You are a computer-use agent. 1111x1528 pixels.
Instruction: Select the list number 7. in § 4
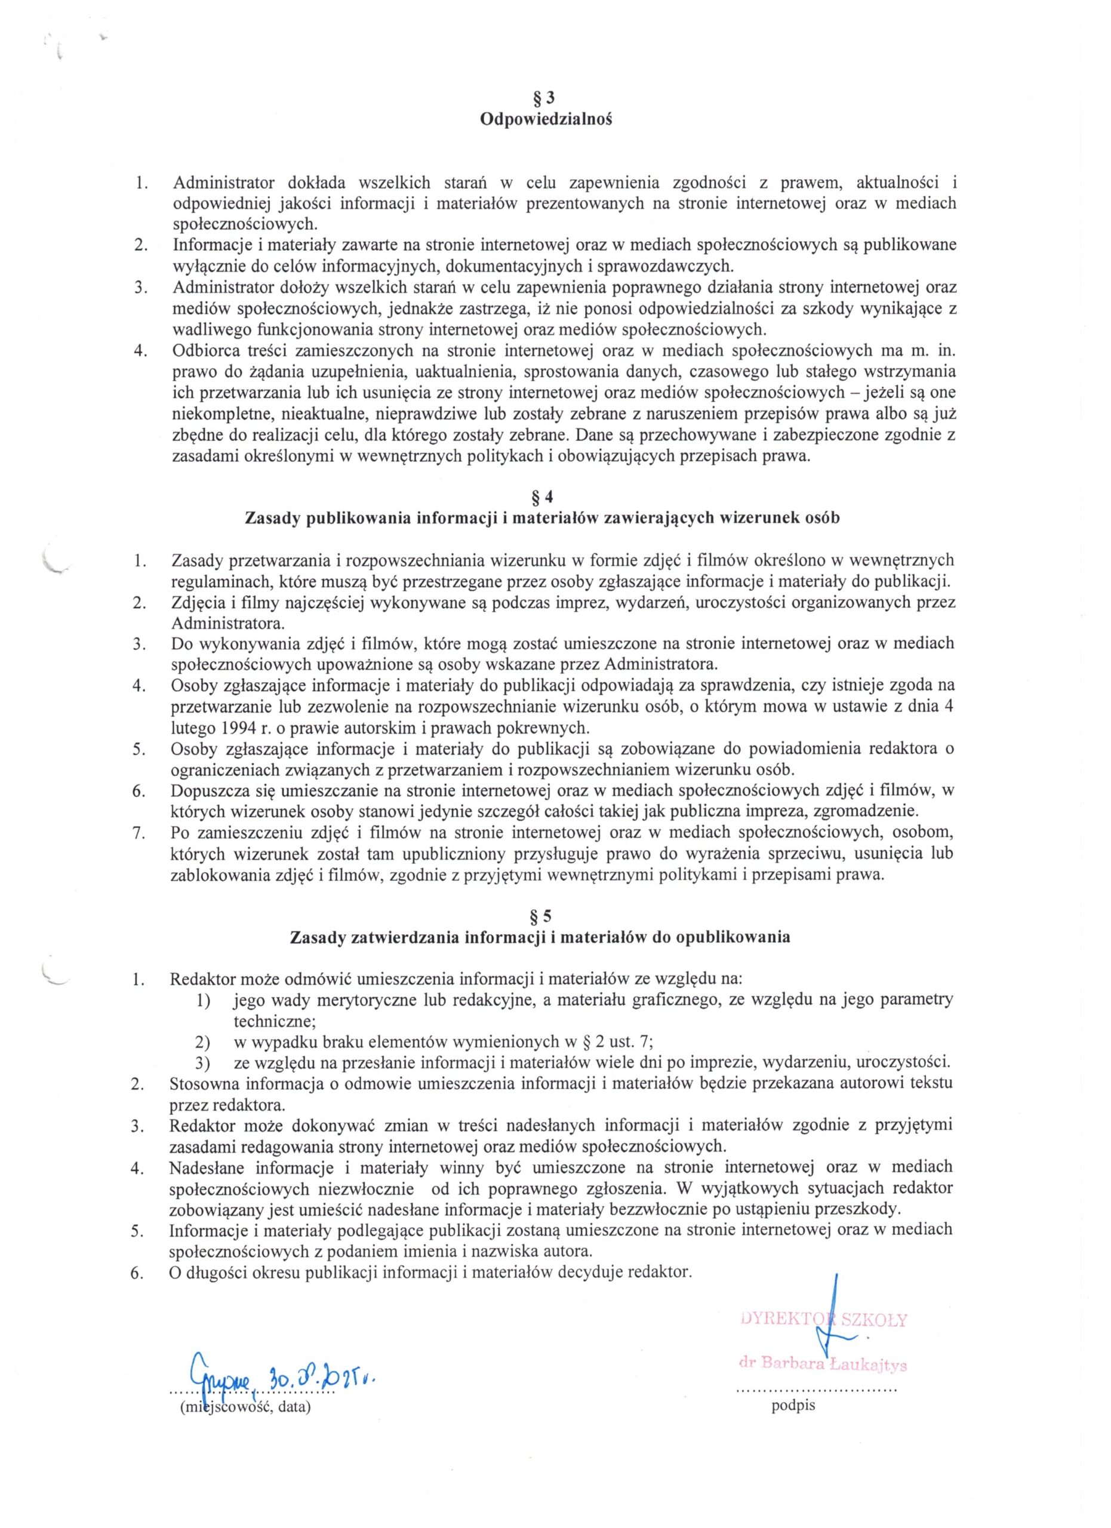point(140,833)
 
